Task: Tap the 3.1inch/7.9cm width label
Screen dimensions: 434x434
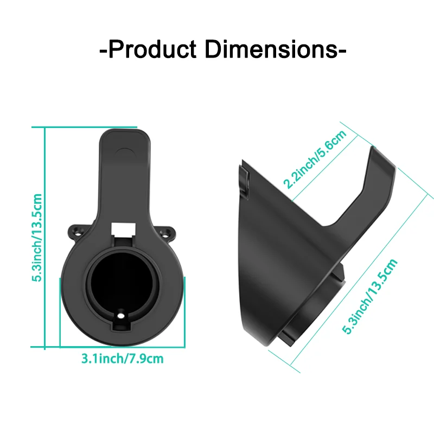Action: click(122, 359)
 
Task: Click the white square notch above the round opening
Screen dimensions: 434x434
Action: click(122, 228)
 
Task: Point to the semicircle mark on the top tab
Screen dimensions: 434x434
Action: click(124, 151)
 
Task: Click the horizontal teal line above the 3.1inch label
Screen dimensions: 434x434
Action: click(122, 346)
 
